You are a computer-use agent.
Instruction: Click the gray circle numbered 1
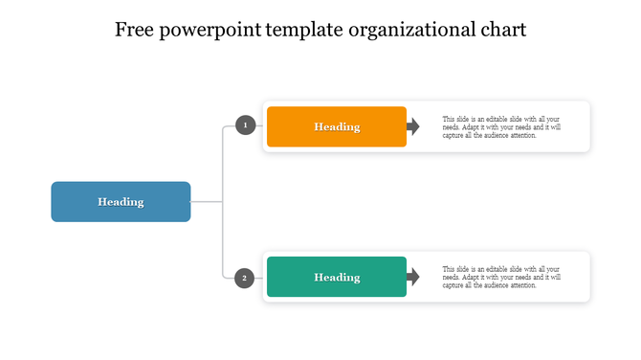coord(246,125)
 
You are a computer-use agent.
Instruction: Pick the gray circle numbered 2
coord(246,278)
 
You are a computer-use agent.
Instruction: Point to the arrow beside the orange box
coord(413,126)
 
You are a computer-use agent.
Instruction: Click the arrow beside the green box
coord(413,277)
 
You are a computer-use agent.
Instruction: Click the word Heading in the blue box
coord(121,202)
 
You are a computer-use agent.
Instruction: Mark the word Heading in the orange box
coord(337,126)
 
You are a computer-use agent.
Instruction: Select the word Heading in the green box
coord(337,277)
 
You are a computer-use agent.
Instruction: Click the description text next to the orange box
coord(501,126)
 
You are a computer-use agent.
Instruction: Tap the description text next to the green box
coord(501,277)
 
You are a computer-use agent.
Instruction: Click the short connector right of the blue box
coord(207,202)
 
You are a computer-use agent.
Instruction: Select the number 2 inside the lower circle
coord(246,278)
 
